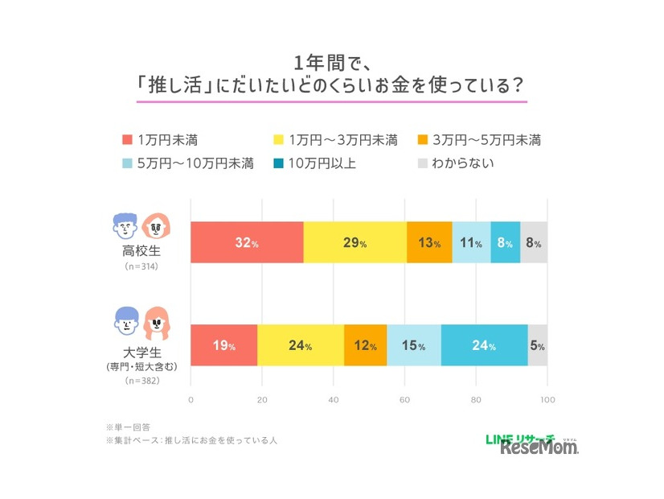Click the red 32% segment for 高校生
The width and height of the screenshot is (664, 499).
[x=247, y=243]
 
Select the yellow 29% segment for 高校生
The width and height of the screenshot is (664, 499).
[x=355, y=243]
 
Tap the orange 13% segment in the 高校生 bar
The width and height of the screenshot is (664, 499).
[x=429, y=243]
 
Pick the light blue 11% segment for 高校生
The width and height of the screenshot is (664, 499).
[x=471, y=243]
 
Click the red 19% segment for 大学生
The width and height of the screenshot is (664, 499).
[x=224, y=346]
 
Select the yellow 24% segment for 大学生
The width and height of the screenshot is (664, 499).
[x=301, y=346]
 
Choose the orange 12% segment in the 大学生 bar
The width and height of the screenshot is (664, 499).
[x=365, y=346]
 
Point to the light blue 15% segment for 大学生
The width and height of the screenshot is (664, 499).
[x=414, y=346]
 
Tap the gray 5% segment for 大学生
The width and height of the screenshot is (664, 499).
[x=537, y=346]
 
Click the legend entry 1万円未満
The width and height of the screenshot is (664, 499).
[x=161, y=140]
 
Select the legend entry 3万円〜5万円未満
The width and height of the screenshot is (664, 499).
[x=478, y=140]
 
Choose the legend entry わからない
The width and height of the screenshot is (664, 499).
[x=455, y=163]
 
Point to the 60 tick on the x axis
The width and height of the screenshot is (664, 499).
[x=404, y=399]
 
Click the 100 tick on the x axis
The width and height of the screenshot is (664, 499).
[x=547, y=399]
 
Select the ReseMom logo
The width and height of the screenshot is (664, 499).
[x=539, y=447]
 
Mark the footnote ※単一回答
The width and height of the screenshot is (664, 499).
[x=128, y=426]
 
